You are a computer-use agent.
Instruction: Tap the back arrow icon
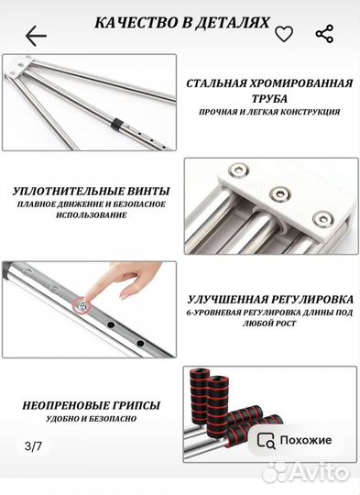pyautogui.click(x=36, y=36)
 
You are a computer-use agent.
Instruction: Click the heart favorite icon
pyautogui.click(x=284, y=35)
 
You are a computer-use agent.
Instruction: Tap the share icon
pyautogui.click(x=324, y=35)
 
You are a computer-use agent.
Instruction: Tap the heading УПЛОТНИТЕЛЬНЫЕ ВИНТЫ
pyautogui.click(x=86, y=192)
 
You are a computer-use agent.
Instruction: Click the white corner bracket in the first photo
pyautogui.click(x=25, y=68)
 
